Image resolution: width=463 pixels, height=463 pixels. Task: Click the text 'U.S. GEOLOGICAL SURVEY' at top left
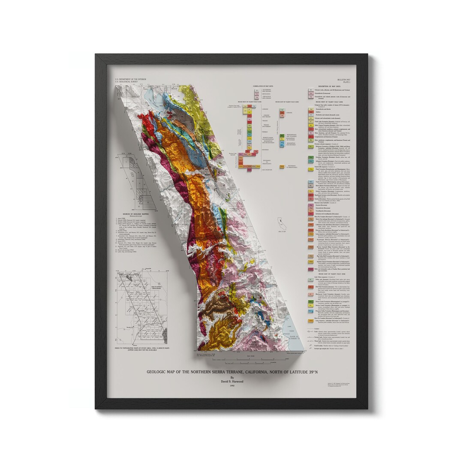pos(126,83)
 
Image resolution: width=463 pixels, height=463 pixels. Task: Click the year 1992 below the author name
pos(232,385)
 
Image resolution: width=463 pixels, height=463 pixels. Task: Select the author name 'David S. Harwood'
pos(232,382)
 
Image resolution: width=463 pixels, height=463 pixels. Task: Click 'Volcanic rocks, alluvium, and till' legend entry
pos(330,91)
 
